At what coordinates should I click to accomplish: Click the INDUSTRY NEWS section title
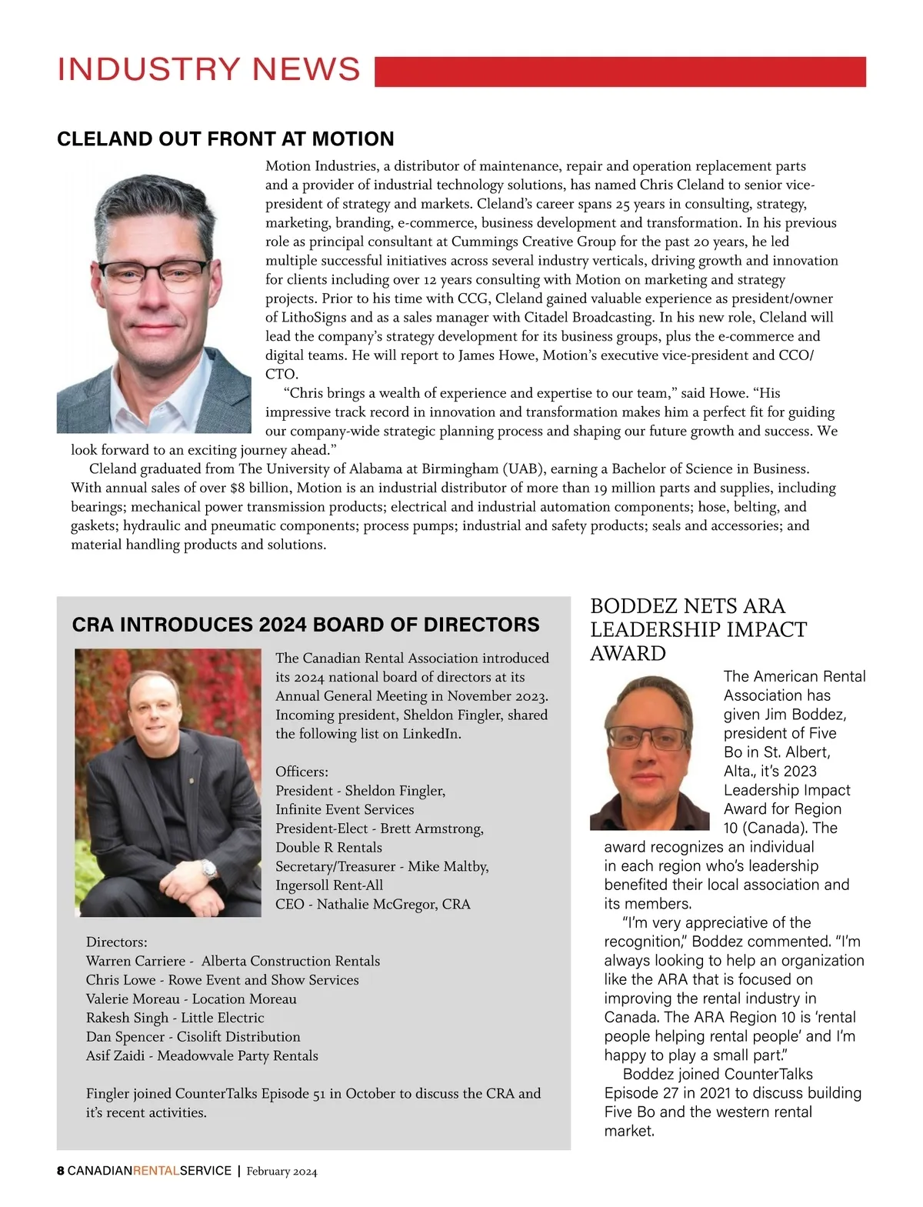point(208,70)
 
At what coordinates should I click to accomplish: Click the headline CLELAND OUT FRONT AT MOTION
point(225,139)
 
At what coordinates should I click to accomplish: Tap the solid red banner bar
point(620,72)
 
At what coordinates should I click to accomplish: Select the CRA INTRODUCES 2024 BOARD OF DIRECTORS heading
point(305,625)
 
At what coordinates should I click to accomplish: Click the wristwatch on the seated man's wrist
point(209,869)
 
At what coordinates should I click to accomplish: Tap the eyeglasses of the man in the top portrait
point(154,273)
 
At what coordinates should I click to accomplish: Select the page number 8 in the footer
point(61,1171)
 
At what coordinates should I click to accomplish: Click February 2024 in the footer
point(282,1172)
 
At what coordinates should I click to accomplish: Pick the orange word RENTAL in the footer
point(156,1171)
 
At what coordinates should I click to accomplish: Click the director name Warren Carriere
point(135,961)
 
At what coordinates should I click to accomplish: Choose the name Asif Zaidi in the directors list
point(115,1055)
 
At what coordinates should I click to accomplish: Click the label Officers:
point(302,772)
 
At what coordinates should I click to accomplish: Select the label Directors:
point(116,942)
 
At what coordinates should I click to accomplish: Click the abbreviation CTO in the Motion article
point(281,375)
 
